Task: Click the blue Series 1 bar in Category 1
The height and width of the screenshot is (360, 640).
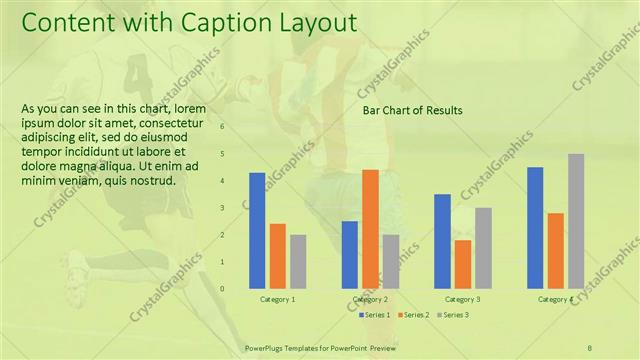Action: point(257,231)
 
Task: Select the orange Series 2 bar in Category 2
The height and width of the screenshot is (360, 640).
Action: point(370,229)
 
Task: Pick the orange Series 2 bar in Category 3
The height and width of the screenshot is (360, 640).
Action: point(462,264)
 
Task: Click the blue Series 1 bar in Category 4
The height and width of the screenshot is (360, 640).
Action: point(535,228)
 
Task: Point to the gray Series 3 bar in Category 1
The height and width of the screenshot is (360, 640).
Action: point(298,262)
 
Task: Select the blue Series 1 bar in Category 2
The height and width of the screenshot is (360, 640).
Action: point(349,255)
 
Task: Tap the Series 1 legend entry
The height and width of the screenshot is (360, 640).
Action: point(377,315)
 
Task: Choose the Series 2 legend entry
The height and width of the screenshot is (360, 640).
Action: point(414,315)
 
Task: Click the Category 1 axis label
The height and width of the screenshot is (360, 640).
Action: point(277,299)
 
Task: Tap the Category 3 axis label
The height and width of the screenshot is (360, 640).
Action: point(462,299)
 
